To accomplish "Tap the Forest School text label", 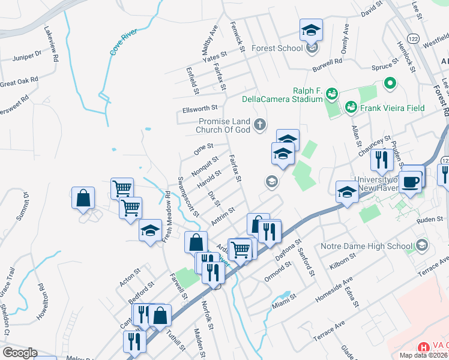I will [x=277, y=48].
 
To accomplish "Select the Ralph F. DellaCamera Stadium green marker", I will [x=332, y=94].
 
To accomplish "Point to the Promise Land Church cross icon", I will [x=259, y=125].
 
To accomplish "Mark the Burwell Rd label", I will [x=330, y=61].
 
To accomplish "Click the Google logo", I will [x=19, y=353].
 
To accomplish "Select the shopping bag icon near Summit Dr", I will [x=83, y=197].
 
